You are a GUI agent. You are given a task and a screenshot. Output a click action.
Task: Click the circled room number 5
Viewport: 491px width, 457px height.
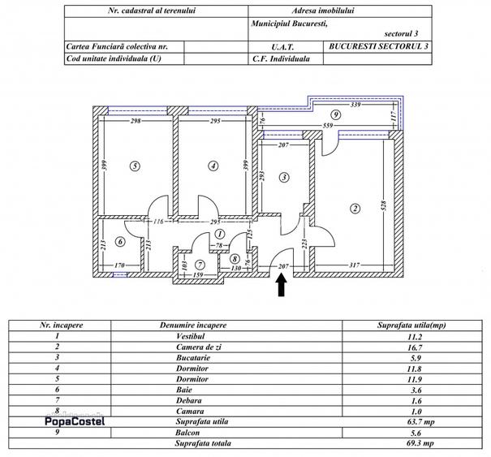point(136,166)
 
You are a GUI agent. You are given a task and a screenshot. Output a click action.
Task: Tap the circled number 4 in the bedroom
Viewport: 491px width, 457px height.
point(213,166)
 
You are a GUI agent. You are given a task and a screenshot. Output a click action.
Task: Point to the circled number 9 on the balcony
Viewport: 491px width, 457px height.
point(335,116)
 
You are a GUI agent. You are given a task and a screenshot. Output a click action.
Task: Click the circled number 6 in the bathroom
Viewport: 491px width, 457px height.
point(120,241)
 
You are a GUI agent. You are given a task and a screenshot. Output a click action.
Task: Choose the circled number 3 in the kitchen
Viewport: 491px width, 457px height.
point(285,177)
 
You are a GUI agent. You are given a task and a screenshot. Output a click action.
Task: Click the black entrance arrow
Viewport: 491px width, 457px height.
point(282,287)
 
